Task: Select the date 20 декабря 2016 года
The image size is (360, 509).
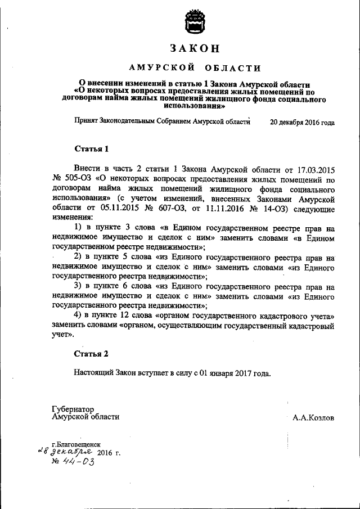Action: click(x=302, y=121)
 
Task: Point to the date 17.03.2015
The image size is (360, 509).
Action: click(x=315, y=169)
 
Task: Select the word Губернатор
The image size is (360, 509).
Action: click(x=72, y=409)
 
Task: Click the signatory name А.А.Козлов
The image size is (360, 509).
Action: click(x=313, y=418)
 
